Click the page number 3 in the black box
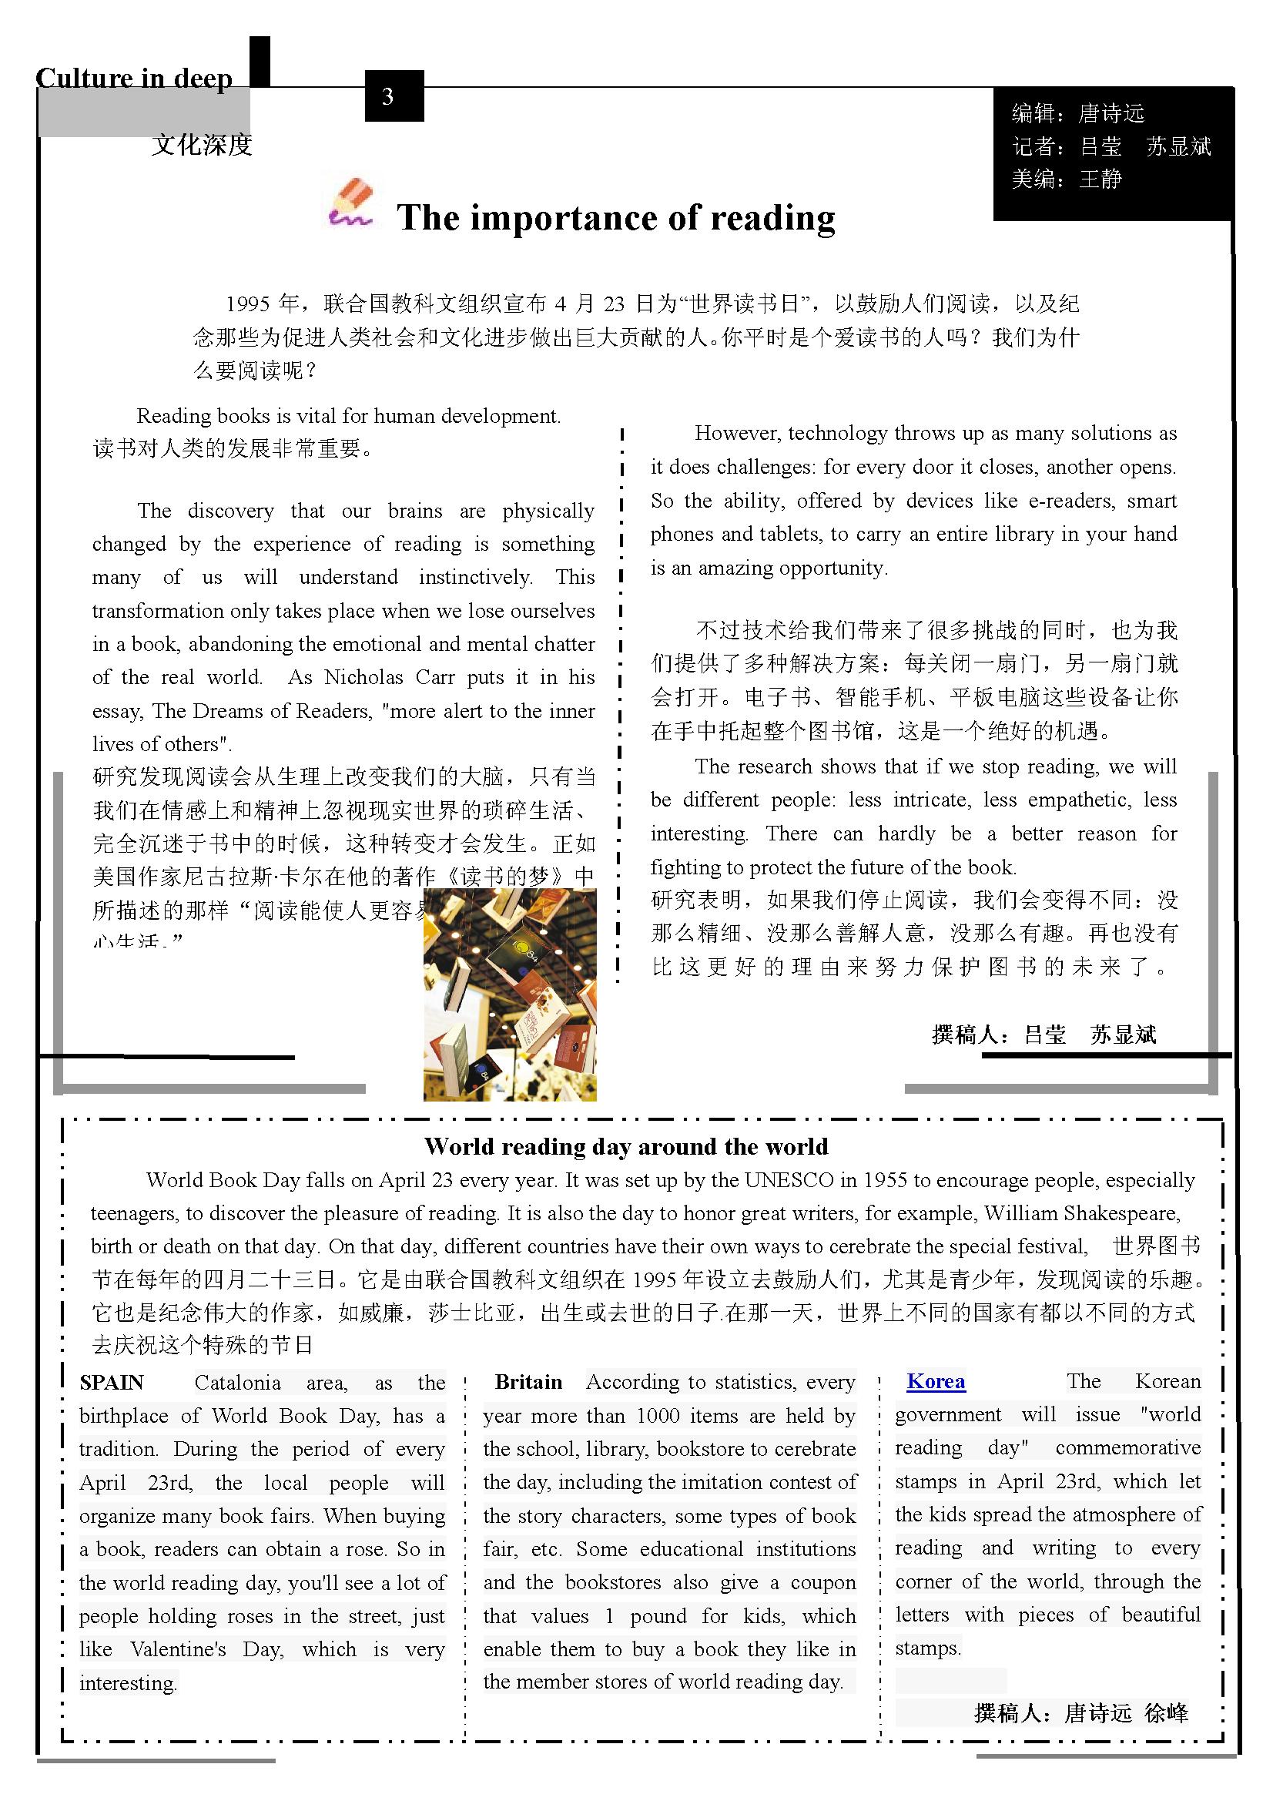pyautogui.click(x=387, y=96)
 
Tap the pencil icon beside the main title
pyautogui.click(x=350, y=204)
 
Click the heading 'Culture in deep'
pyautogui.click(x=134, y=79)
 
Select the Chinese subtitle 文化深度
pyautogui.click(x=202, y=144)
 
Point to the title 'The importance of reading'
pyautogui.click(x=616, y=217)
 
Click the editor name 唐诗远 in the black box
pyautogui.click(x=1111, y=114)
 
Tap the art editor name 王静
pyautogui.click(x=1100, y=179)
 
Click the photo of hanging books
pyautogui.click(x=510, y=994)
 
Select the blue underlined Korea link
pyautogui.click(x=936, y=1381)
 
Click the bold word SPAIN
pyautogui.click(x=112, y=1382)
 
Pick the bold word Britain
pyautogui.click(x=528, y=1382)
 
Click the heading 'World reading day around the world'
pyautogui.click(x=626, y=1147)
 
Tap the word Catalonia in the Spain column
pyautogui.click(x=237, y=1382)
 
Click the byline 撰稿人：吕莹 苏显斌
pyautogui.click(x=1044, y=1035)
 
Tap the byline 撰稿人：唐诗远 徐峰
pyautogui.click(x=1080, y=1713)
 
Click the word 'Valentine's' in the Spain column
pyautogui.click(x=178, y=1649)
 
